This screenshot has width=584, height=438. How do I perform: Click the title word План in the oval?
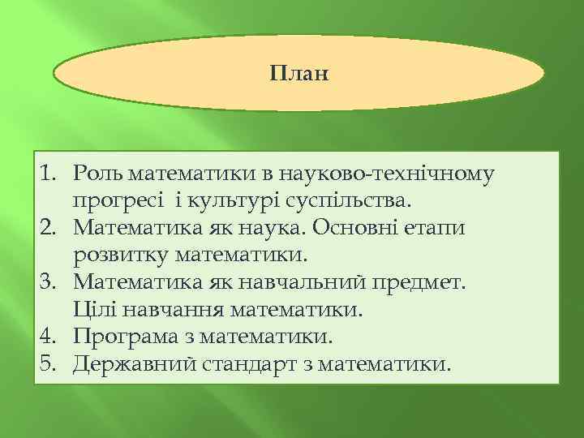click(298, 74)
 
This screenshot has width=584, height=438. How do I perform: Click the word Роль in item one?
click(97, 174)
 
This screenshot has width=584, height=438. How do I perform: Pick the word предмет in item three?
click(431, 282)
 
